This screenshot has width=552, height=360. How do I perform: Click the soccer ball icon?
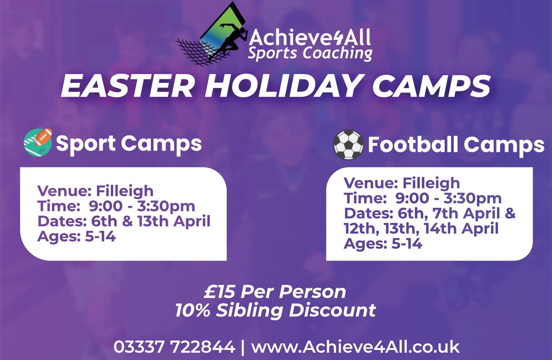(348, 145)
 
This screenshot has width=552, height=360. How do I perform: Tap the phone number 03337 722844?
(174, 347)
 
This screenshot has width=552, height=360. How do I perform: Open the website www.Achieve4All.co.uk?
(355, 347)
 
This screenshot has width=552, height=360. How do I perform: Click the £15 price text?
(220, 292)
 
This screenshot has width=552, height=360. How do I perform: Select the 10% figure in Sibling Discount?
(193, 310)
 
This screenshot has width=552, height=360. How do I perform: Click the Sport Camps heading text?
(129, 144)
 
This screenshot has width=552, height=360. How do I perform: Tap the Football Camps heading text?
(456, 146)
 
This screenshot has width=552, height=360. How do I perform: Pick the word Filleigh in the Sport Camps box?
(125, 191)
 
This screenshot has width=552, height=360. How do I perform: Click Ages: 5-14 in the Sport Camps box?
(76, 236)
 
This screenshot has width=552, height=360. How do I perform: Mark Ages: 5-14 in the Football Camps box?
(383, 243)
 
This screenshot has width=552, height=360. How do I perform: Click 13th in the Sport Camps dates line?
(153, 221)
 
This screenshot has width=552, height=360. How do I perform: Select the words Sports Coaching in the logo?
(310, 53)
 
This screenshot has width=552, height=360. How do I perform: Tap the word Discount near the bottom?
(333, 310)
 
